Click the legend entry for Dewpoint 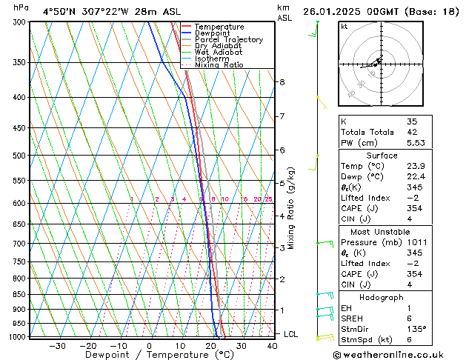click(210, 33)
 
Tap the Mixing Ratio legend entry click(219, 65)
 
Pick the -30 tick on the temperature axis click(57, 345)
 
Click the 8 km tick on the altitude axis click(282, 82)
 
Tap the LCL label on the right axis click(290, 334)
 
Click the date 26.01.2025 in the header click(337, 12)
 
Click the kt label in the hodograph click(344, 27)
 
